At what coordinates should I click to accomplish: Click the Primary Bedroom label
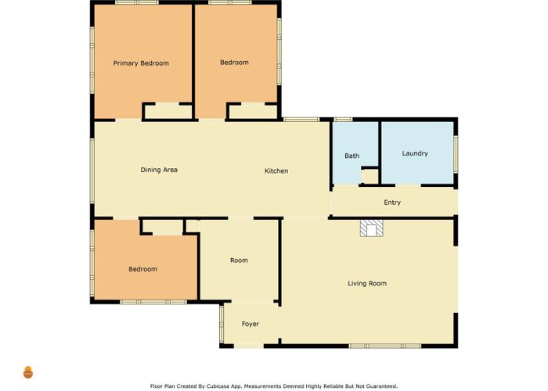tap(141, 63)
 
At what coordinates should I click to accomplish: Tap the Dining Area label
tap(159, 170)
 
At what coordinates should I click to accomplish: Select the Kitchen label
tap(276, 170)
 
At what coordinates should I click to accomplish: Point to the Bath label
tap(352, 156)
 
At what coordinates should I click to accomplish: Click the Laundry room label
tap(415, 153)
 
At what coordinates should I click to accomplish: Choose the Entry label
tap(392, 202)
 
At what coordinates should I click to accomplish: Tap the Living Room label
tap(367, 283)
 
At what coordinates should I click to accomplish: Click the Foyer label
tap(251, 324)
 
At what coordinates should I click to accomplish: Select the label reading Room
tap(239, 260)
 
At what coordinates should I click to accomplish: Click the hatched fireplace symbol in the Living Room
tap(372, 228)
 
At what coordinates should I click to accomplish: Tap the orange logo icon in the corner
tap(28, 372)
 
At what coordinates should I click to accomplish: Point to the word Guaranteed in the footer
tap(380, 386)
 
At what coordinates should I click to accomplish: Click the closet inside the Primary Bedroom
tap(168, 112)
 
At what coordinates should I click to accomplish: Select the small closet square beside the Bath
tap(370, 177)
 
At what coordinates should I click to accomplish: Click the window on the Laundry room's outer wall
tap(456, 154)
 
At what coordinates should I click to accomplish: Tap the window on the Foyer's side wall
tap(222, 324)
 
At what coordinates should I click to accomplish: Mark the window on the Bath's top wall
tap(343, 120)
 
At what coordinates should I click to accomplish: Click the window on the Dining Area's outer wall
tap(92, 171)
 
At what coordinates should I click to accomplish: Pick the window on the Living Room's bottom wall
tap(385, 346)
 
